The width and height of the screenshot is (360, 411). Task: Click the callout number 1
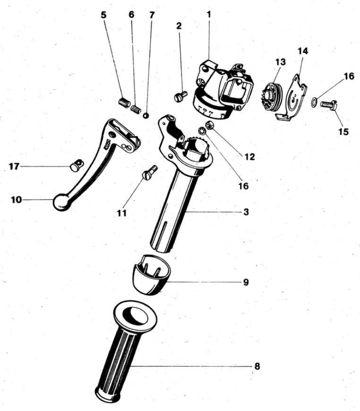coord(209,15)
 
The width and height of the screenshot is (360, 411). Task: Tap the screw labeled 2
coord(181,96)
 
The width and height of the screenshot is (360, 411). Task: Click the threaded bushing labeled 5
coord(124,102)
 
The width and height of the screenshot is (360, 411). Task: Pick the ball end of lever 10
coord(62,202)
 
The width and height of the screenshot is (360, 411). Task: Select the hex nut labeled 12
coord(211,126)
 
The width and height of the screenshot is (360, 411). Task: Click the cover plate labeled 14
coord(291,98)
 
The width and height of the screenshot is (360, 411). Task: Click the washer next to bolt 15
coord(314,102)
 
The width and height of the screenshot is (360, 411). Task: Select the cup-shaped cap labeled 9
coord(151,275)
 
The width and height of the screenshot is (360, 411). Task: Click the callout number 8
coord(257,366)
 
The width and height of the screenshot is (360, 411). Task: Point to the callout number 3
coord(246,212)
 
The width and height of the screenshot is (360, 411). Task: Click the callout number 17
coord(14,166)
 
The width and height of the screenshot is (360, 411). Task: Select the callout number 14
coord(302,51)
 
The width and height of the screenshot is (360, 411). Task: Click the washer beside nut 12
coord(203,130)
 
